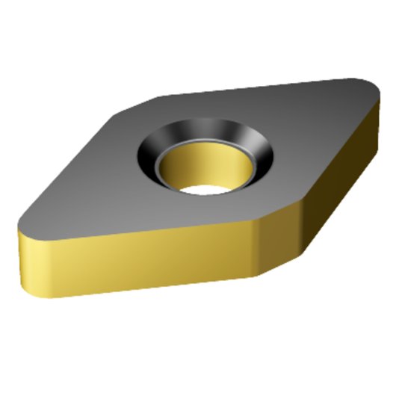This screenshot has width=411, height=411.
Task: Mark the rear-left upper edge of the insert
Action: [82, 157]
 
